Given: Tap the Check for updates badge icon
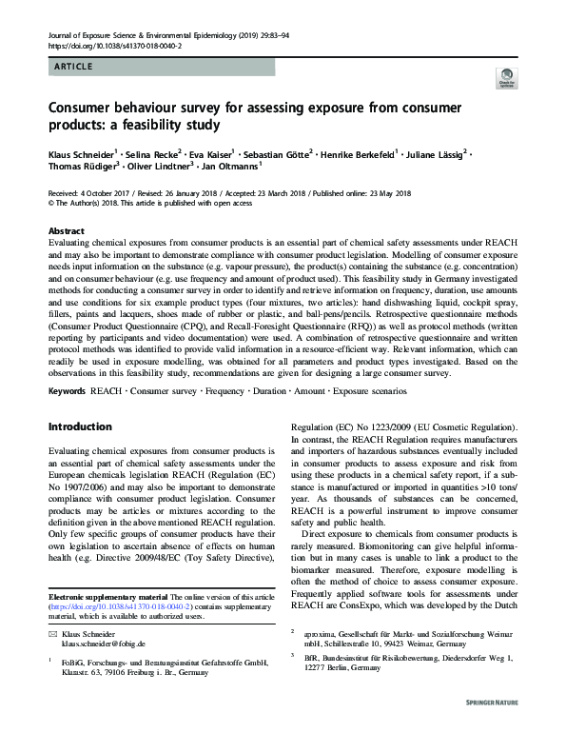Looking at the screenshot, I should [x=504, y=80].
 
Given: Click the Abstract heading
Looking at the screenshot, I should [x=66, y=231].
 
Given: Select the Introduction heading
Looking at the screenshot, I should [x=81, y=426].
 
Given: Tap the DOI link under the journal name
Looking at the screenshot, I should [x=102, y=46].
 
